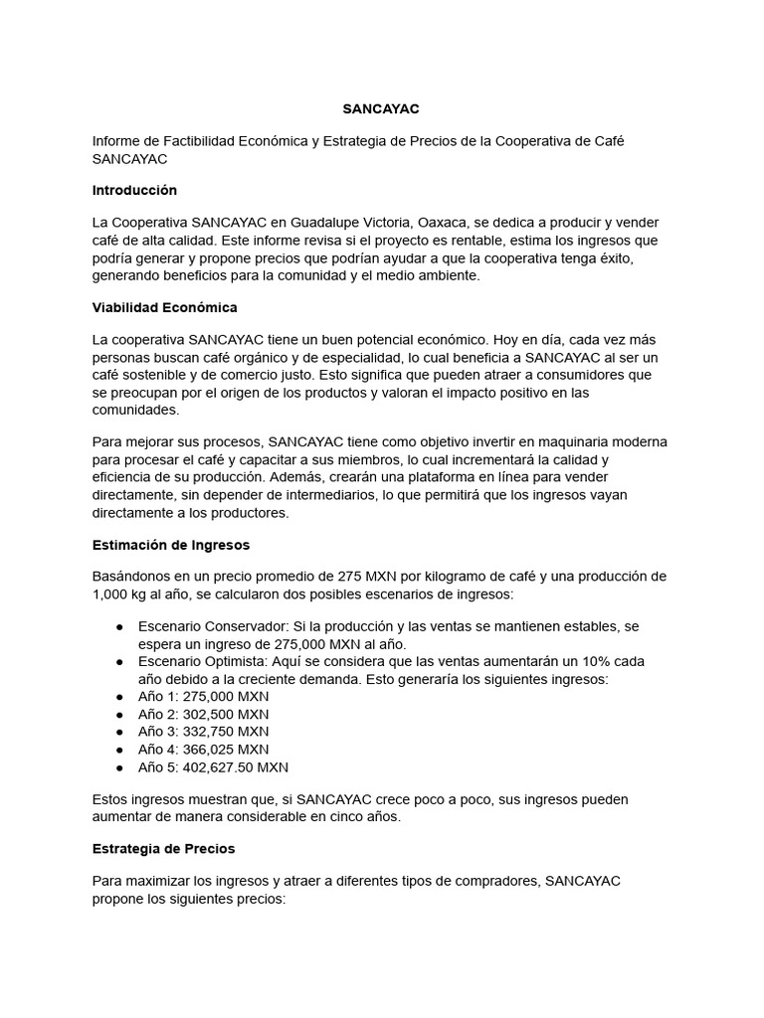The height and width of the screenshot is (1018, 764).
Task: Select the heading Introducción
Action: pos(133,190)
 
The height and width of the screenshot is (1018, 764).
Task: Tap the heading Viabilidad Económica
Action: pos(164,307)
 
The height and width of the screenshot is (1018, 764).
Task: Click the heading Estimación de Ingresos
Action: pos(170,545)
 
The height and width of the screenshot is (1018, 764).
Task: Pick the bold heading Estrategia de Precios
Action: pos(163,849)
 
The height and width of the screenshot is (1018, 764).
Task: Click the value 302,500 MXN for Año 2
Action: pos(226,714)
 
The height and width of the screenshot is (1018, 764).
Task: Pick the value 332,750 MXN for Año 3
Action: pos(226,732)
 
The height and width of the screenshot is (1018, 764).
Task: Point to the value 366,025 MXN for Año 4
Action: pos(226,749)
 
